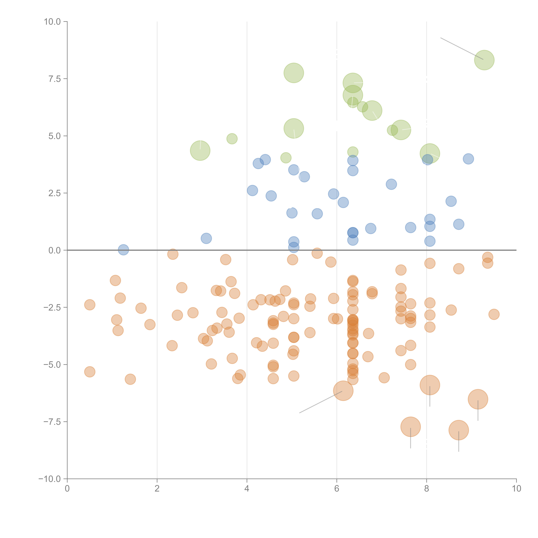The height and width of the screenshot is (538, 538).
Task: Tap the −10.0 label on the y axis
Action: tap(50, 479)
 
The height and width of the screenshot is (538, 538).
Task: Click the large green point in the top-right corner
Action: tap(484, 60)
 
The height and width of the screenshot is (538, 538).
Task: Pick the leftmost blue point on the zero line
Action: tap(123, 250)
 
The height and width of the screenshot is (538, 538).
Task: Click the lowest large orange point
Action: tap(459, 430)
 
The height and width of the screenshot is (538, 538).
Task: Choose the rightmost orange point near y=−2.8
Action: tap(494, 314)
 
